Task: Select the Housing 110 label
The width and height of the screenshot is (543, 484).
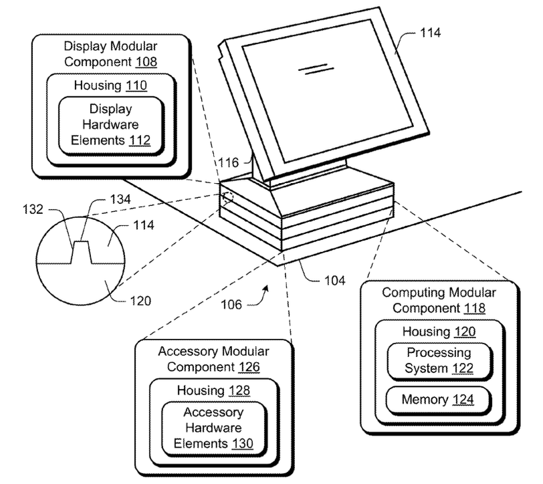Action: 110,86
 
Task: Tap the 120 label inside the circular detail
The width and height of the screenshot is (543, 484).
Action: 140,301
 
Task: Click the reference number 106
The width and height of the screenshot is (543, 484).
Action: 231,304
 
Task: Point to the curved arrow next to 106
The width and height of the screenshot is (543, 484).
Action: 261,296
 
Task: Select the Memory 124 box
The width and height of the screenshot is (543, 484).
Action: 439,400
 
